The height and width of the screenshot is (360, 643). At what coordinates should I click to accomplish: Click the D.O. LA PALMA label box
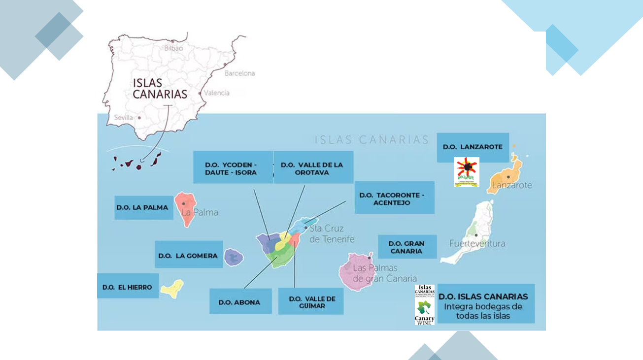[143, 207]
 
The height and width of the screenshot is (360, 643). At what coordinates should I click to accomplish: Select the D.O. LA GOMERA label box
[189, 255]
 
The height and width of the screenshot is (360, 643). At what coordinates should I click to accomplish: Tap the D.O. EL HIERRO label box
[128, 287]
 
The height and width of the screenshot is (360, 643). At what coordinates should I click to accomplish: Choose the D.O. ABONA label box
[240, 302]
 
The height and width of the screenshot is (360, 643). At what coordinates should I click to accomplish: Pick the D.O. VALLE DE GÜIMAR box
[311, 302]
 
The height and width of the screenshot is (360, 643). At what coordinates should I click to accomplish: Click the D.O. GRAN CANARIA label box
[407, 247]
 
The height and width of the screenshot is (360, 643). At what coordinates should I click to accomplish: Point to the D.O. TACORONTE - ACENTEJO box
[394, 198]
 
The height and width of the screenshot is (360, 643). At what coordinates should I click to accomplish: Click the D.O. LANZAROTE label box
[473, 147]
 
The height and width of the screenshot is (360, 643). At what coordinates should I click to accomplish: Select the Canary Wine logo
[424, 305]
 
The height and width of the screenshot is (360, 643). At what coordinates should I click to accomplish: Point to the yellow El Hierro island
[172, 289]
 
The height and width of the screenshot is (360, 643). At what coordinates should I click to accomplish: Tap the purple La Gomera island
[234, 257]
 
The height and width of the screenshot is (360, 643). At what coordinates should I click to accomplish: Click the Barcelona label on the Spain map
[240, 73]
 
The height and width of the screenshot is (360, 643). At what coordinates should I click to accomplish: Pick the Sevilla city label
[123, 118]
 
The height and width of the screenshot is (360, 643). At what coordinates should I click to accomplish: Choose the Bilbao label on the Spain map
[173, 48]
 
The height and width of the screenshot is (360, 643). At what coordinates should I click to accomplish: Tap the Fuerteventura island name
[477, 243]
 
